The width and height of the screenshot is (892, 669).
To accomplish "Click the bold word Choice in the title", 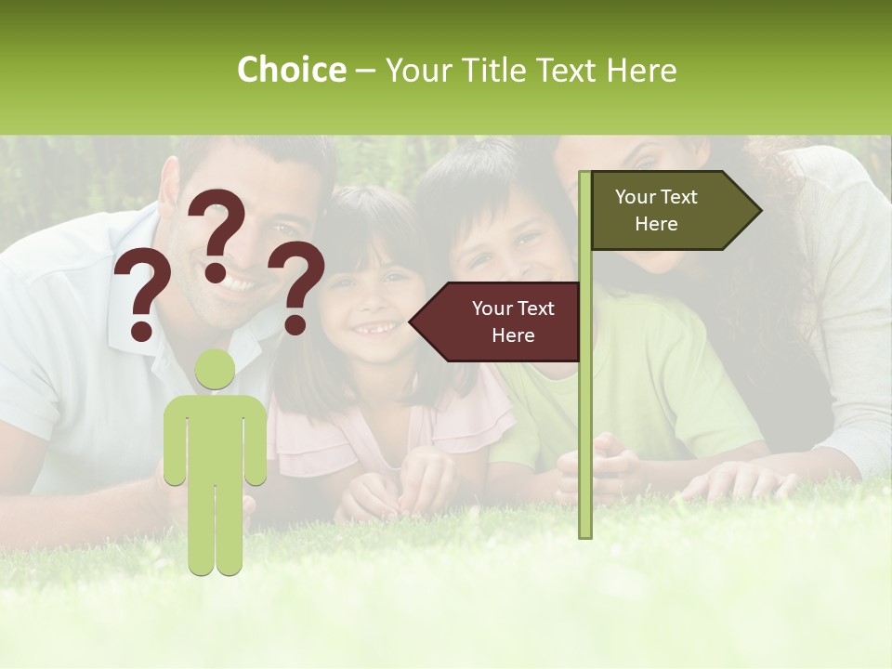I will coord(291,70).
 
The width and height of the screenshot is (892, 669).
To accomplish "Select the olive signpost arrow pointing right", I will coord(674,211).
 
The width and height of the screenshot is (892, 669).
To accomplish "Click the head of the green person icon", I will coord(215,370).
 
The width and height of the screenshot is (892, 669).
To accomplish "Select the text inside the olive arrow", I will coord(656,210).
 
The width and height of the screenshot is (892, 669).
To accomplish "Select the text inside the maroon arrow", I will coord(513,321).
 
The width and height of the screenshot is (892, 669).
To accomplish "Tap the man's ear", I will coord(169,186).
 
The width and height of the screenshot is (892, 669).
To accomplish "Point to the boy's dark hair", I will coord(465,186).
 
